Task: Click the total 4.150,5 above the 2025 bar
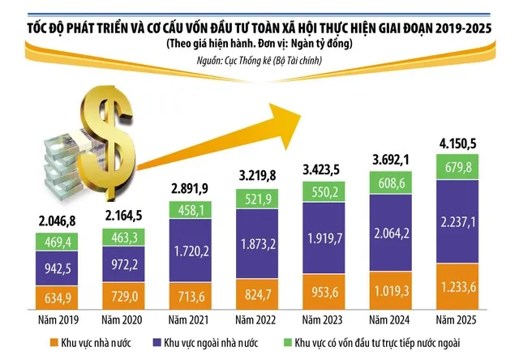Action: pyautogui.click(x=457, y=144)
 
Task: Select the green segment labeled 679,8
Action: pyautogui.click(x=457, y=167)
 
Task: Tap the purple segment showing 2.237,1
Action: pyautogui.click(x=457, y=221)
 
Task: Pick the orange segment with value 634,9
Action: pyautogui.click(x=57, y=298)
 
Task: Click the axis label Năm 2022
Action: pyautogui.click(x=255, y=320)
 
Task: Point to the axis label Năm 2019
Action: pyautogui.click(x=58, y=320)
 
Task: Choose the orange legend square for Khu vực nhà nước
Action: pyautogui.click(x=54, y=342)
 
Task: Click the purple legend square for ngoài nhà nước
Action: pyautogui.click(x=157, y=342)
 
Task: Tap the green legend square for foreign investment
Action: pyautogui.click(x=288, y=342)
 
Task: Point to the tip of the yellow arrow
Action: pyautogui.click(x=301, y=115)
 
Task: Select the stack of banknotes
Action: pyautogui.click(x=66, y=165)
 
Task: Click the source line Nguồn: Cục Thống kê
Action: pyautogui.click(x=259, y=61)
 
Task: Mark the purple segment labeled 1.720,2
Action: pyautogui.click(x=191, y=251)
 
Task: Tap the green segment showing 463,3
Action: pyautogui.click(x=123, y=238)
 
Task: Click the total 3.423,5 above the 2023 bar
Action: pyautogui.click(x=321, y=169)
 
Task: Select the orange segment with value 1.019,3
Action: pyautogui.click(x=391, y=290)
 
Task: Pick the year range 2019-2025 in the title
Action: pyautogui.click(x=463, y=29)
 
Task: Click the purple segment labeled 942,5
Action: pyautogui.click(x=57, y=268)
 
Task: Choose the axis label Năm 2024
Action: pyautogui.click(x=389, y=320)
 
